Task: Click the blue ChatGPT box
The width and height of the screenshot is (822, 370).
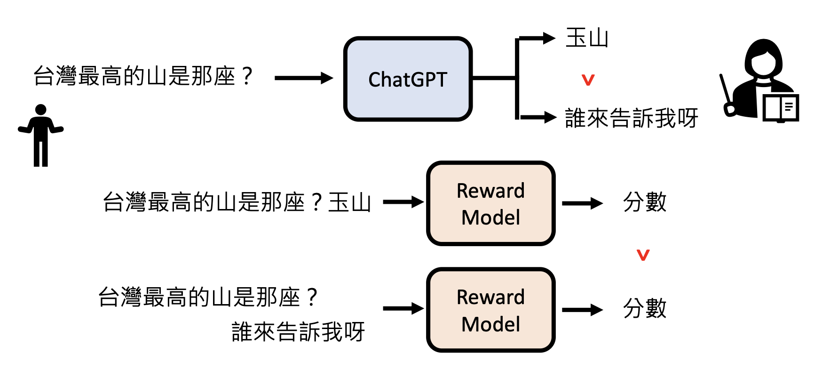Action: point(408,79)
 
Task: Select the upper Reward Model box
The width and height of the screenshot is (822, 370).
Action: point(490,203)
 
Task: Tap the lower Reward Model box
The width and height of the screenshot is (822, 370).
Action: point(490,310)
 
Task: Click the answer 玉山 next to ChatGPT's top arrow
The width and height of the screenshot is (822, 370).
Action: point(587,38)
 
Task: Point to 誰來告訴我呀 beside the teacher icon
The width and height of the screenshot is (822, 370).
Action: point(631,118)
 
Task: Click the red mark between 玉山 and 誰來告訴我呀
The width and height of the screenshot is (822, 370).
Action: point(588,80)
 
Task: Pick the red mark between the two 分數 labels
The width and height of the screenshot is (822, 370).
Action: point(643,255)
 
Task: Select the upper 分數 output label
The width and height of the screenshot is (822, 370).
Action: point(644,202)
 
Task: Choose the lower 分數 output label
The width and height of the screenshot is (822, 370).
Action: point(644,309)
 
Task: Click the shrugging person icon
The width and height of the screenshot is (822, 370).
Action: point(41,136)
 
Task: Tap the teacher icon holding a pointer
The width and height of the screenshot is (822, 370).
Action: point(757,80)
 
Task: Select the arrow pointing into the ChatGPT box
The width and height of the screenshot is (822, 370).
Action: point(303,78)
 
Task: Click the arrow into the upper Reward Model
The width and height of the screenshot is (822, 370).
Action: point(403,202)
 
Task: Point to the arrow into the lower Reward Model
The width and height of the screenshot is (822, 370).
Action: point(403,309)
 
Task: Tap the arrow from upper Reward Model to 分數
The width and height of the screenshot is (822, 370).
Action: point(582,203)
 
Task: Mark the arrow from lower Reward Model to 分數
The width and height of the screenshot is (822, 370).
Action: point(582,310)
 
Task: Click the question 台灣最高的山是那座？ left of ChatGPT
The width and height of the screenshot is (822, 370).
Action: point(143,76)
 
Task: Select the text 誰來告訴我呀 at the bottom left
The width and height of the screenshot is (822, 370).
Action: point(298,331)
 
